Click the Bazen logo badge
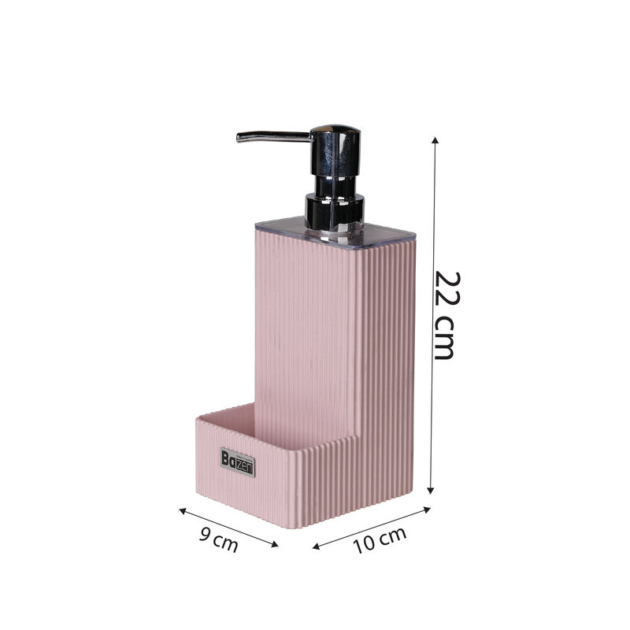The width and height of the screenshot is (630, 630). coord(238,462)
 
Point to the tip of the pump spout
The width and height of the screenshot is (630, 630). coord(239,139)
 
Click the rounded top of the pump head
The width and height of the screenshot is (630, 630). coord(335,129)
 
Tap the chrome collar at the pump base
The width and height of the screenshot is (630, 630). coord(335,212)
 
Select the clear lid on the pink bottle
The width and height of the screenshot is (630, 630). coord(335,234)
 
